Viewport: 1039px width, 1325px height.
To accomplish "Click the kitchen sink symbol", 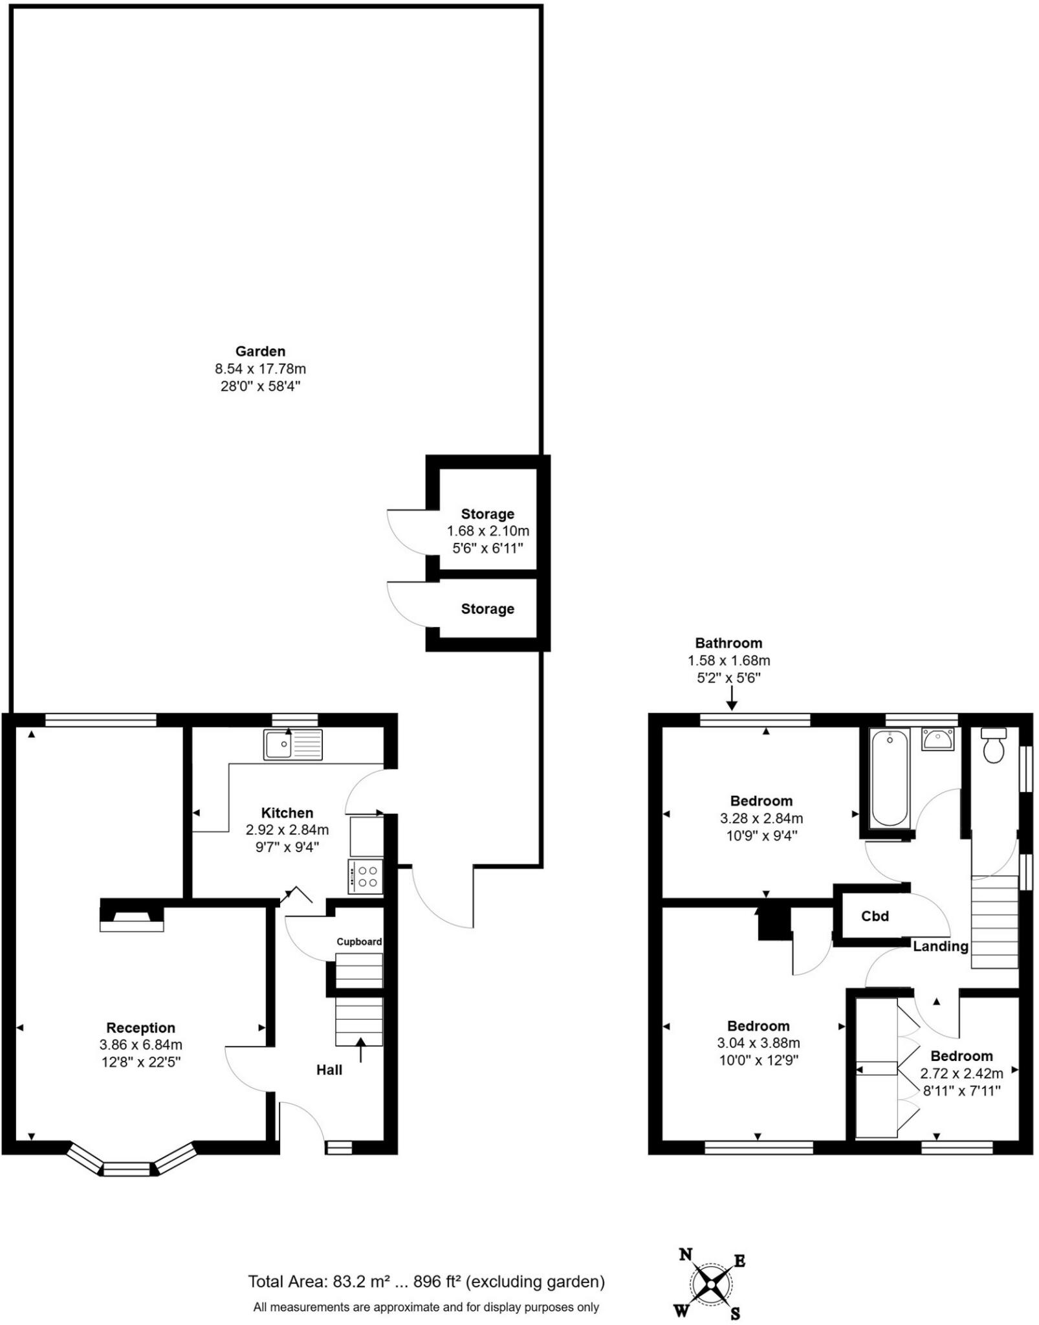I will (292, 745).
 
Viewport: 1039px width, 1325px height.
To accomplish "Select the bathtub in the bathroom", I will (890, 778).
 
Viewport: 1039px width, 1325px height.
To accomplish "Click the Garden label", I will (260, 352).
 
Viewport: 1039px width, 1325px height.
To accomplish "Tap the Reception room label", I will (140, 1028).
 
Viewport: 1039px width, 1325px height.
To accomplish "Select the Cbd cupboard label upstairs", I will (875, 917).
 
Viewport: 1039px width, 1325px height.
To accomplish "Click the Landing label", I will (940, 947).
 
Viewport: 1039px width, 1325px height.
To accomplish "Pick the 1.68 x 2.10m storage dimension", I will (488, 531).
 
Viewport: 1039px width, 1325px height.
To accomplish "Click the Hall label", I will (329, 1070).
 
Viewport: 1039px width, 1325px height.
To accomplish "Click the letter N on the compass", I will (686, 1254).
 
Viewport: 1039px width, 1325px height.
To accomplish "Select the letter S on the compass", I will (736, 1313).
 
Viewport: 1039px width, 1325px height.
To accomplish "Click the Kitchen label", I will (287, 813).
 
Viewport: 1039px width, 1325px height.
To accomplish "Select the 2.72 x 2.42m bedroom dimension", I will (961, 1074).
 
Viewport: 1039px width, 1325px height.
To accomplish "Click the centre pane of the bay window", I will (127, 1168).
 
